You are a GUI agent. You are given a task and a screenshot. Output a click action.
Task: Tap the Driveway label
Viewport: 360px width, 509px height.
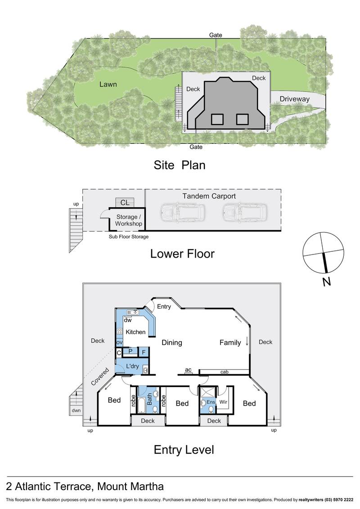pos(295,99)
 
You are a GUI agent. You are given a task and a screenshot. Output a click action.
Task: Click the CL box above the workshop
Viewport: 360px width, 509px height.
pos(125,203)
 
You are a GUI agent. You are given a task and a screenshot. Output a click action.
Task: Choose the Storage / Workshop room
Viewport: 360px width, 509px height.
pos(129,220)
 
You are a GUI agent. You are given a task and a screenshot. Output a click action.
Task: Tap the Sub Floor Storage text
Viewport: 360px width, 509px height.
pos(129,237)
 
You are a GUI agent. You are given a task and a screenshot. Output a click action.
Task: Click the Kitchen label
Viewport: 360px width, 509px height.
pos(135,332)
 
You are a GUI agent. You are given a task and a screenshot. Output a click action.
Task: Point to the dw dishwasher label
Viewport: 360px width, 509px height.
pos(127,320)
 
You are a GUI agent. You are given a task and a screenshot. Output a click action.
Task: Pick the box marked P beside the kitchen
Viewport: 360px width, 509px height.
pos(130,352)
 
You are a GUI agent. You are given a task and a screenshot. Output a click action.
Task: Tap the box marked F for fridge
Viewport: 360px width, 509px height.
pos(143,352)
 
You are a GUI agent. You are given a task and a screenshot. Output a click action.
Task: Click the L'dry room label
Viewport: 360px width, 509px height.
pos(132,366)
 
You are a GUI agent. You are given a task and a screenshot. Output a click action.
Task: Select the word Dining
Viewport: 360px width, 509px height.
pos(172,343)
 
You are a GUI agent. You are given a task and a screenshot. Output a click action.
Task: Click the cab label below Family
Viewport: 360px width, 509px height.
pos(224,372)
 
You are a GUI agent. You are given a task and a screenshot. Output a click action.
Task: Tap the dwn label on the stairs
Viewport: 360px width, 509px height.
pos(75,411)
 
